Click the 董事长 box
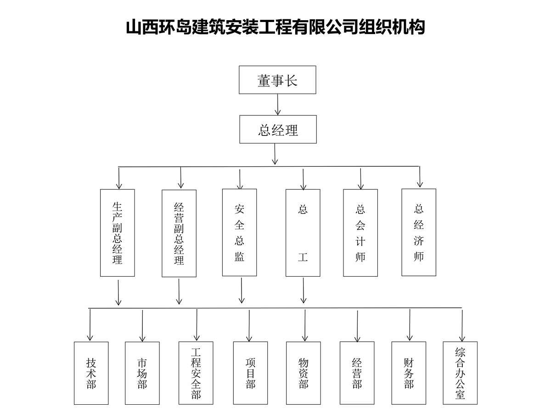pyautogui.click(x=277, y=80)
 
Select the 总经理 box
pyautogui.click(x=278, y=129)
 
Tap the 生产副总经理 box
pyautogui.click(x=117, y=233)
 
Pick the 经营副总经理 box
pyautogui.click(x=179, y=233)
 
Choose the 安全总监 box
pyautogui.click(x=239, y=232)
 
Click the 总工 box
pyautogui.click(x=303, y=233)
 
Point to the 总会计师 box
pyautogui.click(x=360, y=233)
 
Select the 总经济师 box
pyautogui.click(x=419, y=232)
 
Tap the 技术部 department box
pyautogui.click(x=91, y=373)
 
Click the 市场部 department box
pyautogui.click(x=142, y=373)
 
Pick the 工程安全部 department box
pyautogui.click(x=196, y=373)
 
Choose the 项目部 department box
pyautogui.click(x=250, y=373)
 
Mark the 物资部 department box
pyautogui.click(x=303, y=373)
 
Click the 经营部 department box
pyautogui.click(x=357, y=373)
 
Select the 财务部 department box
pyautogui.click(x=409, y=373)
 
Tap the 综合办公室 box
pyautogui.click(x=460, y=373)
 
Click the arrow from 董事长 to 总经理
pyautogui.click(x=278, y=104)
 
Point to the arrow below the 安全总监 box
pyautogui.click(x=242, y=290)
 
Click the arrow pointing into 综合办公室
pyautogui.click(x=462, y=326)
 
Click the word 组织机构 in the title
pyautogui.click(x=392, y=27)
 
